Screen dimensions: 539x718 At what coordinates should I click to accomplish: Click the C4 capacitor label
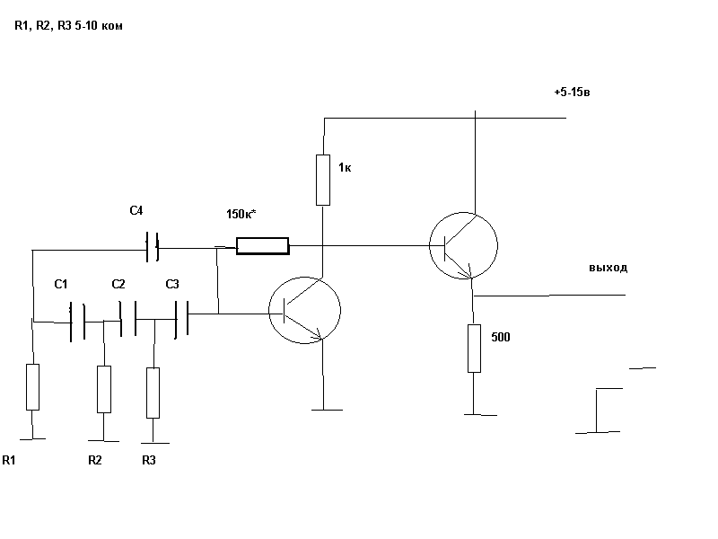(136, 211)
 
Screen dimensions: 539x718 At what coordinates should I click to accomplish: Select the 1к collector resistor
(323, 179)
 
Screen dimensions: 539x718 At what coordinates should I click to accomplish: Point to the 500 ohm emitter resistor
(474, 349)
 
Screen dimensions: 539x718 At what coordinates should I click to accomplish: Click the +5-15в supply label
(572, 93)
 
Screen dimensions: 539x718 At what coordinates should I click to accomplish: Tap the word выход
(609, 268)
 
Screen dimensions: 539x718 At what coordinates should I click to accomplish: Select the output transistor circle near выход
(464, 245)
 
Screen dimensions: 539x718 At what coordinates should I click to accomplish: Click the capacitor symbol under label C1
(76, 319)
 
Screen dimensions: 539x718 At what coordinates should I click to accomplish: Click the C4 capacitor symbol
(153, 244)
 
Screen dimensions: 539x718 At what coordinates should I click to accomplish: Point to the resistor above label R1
(33, 386)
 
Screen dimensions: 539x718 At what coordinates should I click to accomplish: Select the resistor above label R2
(104, 389)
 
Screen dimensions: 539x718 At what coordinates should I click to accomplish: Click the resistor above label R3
(153, 393)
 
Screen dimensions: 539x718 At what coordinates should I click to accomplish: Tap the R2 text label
(95, 460)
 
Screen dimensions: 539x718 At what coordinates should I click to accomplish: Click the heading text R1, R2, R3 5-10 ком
(68, 27)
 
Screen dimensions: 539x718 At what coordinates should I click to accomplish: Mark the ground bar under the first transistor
(325, 410)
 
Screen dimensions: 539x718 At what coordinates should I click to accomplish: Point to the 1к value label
(345, 167)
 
